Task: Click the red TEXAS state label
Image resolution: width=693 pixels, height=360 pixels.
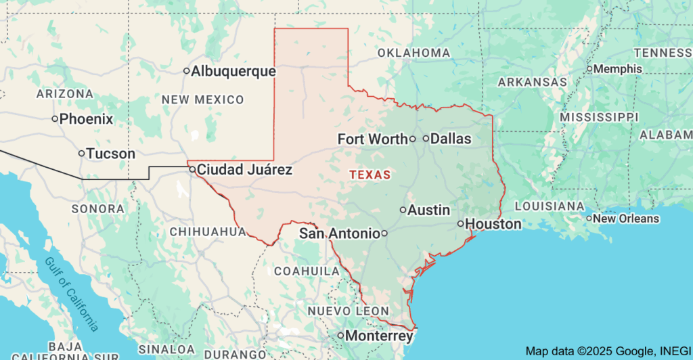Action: pyautogui.click(x=370, y=175)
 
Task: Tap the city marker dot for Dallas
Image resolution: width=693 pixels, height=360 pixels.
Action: pyautogui.click(x=426, y=139)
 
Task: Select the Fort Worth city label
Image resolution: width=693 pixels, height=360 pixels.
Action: pyautogui.click(x=372, y=139)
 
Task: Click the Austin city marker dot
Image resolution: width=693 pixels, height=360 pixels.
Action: pyautogui.click(x=403, y=210)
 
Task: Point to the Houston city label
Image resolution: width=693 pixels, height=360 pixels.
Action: pyautogui.click(x=494, y=224)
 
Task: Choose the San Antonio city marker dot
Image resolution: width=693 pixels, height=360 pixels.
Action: pyautogui.click(x=384, y=233)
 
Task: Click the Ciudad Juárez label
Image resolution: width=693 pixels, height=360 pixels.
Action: pyautogui.click(x=245, y=169)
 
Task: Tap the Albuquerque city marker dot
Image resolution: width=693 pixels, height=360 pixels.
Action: pyautogui.click(x=187, y=71)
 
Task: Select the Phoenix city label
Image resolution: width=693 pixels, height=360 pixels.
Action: pyautogui.click(x=86, y=119)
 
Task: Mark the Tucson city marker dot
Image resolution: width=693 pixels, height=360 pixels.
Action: pyautogui.click(x=81, y=154)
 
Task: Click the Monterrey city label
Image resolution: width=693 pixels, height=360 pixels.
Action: pyautogui.click(x=379, y=336)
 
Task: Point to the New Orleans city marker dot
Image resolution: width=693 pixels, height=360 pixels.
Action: pyautogui.click(x=589, y=219)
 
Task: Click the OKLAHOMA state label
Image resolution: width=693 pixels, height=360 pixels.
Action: pyautogui.click(x=413, y=53)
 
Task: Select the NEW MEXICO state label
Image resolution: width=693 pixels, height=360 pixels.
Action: pyautogui.click(x=202, y=99)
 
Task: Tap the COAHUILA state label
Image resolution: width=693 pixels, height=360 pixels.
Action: pyautogui.click(x=307, y=271)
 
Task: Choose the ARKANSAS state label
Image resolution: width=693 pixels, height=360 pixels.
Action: pyautogui.click(x=532, y=82)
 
